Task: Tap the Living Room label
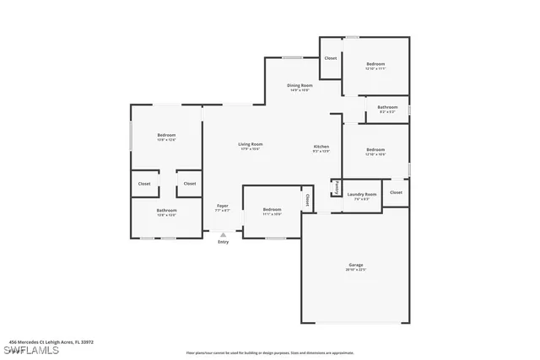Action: [x=250, y=146]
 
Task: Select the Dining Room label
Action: [x=300, y=87]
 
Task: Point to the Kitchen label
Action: [x=321, y=148]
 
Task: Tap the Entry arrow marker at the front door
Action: [x=223, y=237]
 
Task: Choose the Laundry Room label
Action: [x=361, y=196]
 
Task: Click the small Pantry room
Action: [x=336, y=187]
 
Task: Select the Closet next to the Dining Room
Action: [x=330, y=58]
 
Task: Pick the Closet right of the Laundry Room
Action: [x=396, y=192]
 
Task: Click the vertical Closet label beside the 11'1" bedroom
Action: [x=307, y=201]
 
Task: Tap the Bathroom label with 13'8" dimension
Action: [x=166, y=212]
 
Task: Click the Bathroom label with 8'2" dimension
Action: [x=387, y=109]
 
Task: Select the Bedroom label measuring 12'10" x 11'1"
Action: [x=375, y=66]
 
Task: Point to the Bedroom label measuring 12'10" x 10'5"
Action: [x=375, y=153]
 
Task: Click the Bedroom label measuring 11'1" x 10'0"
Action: [x=272, y=211]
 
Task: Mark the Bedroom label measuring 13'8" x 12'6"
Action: [x=166, y=137]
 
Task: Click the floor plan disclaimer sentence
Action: [x=270, y=352]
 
